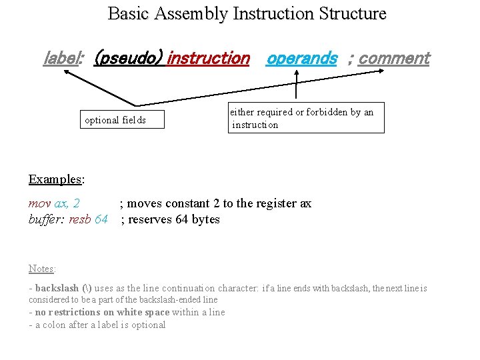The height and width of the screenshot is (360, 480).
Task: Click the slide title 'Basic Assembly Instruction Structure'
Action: point(247,13)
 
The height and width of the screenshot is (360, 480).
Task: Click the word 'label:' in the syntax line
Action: point(62,59)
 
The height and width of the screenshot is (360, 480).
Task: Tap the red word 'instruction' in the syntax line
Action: point(208,59)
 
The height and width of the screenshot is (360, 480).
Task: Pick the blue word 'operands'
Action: point(301,59)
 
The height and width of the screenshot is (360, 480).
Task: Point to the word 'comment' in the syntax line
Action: point(394,59)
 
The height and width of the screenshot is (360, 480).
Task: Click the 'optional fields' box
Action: point(122,121)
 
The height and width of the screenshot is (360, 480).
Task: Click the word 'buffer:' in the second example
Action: point(47,220)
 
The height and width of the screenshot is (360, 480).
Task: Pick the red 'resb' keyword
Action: point(81,220)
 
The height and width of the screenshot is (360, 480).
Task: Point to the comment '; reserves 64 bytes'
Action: point(170,220)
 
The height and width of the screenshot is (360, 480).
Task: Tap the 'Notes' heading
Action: point(42,269)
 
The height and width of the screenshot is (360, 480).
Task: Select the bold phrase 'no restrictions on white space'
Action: point(102,313)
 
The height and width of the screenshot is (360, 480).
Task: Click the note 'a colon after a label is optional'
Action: point(99,325)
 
